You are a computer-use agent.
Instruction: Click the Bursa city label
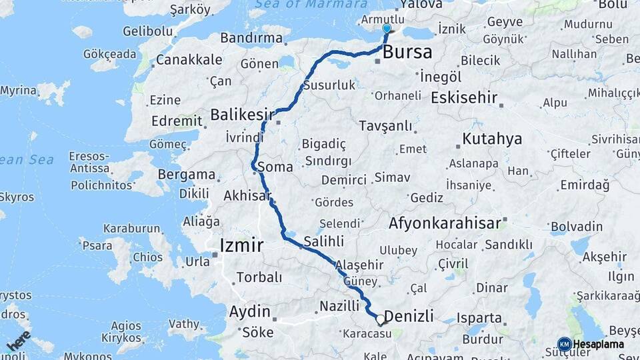point(408,52)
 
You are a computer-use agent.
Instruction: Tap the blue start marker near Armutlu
point(387,29)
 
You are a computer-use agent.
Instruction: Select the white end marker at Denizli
point(381,319)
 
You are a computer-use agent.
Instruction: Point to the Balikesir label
point(238,115)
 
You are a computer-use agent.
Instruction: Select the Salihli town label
point(323,241)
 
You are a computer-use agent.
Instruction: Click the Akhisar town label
point(247,196)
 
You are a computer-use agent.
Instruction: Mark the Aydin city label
point(250,311)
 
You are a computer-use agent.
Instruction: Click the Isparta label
point(479,318)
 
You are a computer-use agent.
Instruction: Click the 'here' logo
point(18,340)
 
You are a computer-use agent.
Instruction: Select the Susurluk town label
point(329,85)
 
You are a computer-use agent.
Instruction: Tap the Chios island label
point(147,257)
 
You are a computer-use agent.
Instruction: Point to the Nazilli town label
point(339,305)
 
